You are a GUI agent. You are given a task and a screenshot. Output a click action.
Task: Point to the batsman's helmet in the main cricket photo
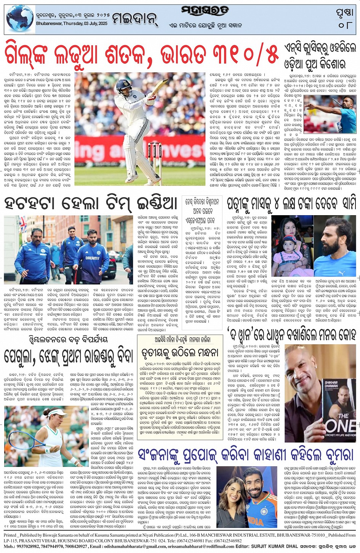[124, 86]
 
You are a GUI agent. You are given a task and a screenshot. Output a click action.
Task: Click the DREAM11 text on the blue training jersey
[92, 258]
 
